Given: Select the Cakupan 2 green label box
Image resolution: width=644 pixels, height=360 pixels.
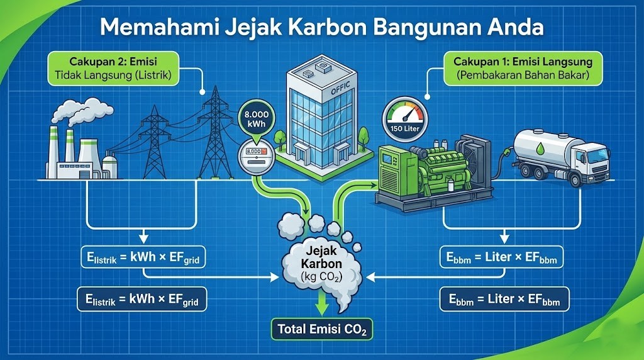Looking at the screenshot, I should [x=114, y=68].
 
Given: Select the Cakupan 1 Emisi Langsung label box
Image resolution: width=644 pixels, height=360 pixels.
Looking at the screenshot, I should [x=522, y=68].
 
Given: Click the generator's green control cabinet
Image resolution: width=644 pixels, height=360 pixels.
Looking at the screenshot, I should [x=394, y=174].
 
